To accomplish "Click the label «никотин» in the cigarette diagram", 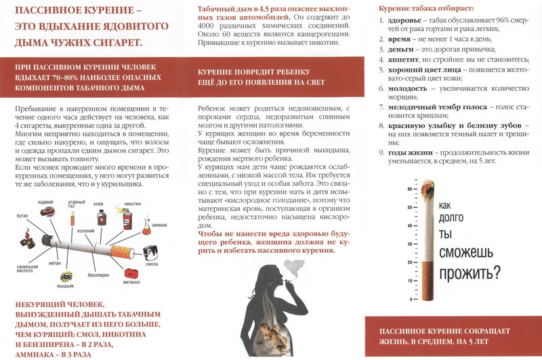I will click(x=133, y=203).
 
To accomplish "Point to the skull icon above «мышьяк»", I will click(x=66, y=276).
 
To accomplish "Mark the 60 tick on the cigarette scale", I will click(x=410, y=188).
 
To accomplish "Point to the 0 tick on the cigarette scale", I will click(x=410, y=299).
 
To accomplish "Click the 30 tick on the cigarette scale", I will click(x=410, y=243).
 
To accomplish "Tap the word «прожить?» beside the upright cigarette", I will click(x=470, y=273).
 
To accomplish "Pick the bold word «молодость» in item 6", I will click(x=405, y=88).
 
